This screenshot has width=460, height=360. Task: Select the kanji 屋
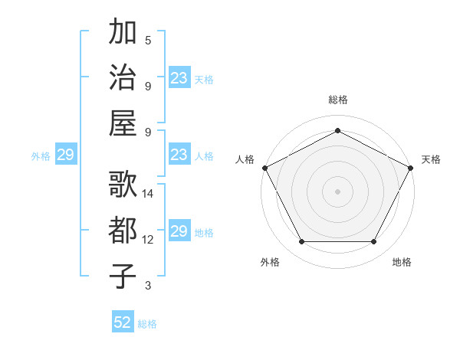[x=123, y=123]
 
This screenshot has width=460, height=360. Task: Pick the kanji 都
[x=123, y=231]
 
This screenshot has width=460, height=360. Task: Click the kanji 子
[x=123, y=277]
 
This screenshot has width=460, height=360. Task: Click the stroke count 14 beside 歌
[x=148, y=194]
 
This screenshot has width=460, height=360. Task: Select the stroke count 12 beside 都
[x=148, y=240]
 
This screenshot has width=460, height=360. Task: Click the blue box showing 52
[x=123, y=322]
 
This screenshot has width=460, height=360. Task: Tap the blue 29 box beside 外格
[x=65, y=155]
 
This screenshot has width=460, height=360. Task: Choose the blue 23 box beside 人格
[x=179, y=155]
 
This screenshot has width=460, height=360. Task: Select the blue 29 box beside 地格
[x=179, y=231]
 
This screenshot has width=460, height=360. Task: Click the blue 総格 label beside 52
[x=147, y=324]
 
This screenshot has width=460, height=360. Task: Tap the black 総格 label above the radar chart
[x=337, y=100]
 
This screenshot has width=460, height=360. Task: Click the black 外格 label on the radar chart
[x=270, y=262]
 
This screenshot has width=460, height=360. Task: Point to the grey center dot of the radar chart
[x=337, y=191]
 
